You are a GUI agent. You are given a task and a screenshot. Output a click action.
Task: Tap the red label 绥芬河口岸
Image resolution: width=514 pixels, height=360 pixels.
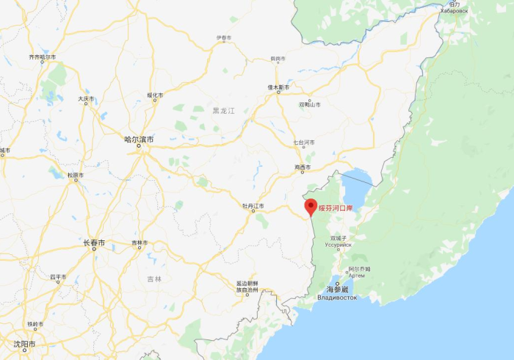coord(336,209)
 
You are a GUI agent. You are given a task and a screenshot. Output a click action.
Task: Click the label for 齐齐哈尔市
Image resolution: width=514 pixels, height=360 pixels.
coord(42,57)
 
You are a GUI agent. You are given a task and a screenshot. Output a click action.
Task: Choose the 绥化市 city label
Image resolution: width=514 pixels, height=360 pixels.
coord(154,95)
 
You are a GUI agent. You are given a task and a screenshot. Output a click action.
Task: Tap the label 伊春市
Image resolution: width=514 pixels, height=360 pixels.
coord(223,37)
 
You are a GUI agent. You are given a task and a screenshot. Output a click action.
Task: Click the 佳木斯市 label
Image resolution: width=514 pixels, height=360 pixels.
coord(278,87)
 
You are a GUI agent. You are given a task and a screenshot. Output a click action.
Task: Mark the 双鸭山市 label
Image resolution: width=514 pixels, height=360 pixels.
coord(309,104)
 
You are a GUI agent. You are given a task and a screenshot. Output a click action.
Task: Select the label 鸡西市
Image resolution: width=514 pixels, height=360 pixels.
coord(304,168)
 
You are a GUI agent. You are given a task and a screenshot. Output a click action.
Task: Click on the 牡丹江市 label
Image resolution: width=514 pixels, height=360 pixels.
coord(253,206)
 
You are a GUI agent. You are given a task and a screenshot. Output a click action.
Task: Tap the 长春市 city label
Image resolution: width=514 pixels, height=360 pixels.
coord(93,242)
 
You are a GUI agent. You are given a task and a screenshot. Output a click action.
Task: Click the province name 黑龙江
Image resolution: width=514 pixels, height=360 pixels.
coord(222,111)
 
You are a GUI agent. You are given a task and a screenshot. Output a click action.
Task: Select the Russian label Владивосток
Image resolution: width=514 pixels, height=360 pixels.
coord(336,298)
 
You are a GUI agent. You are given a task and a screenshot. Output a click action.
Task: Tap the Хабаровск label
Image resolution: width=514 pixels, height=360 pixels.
coord(454,11)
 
